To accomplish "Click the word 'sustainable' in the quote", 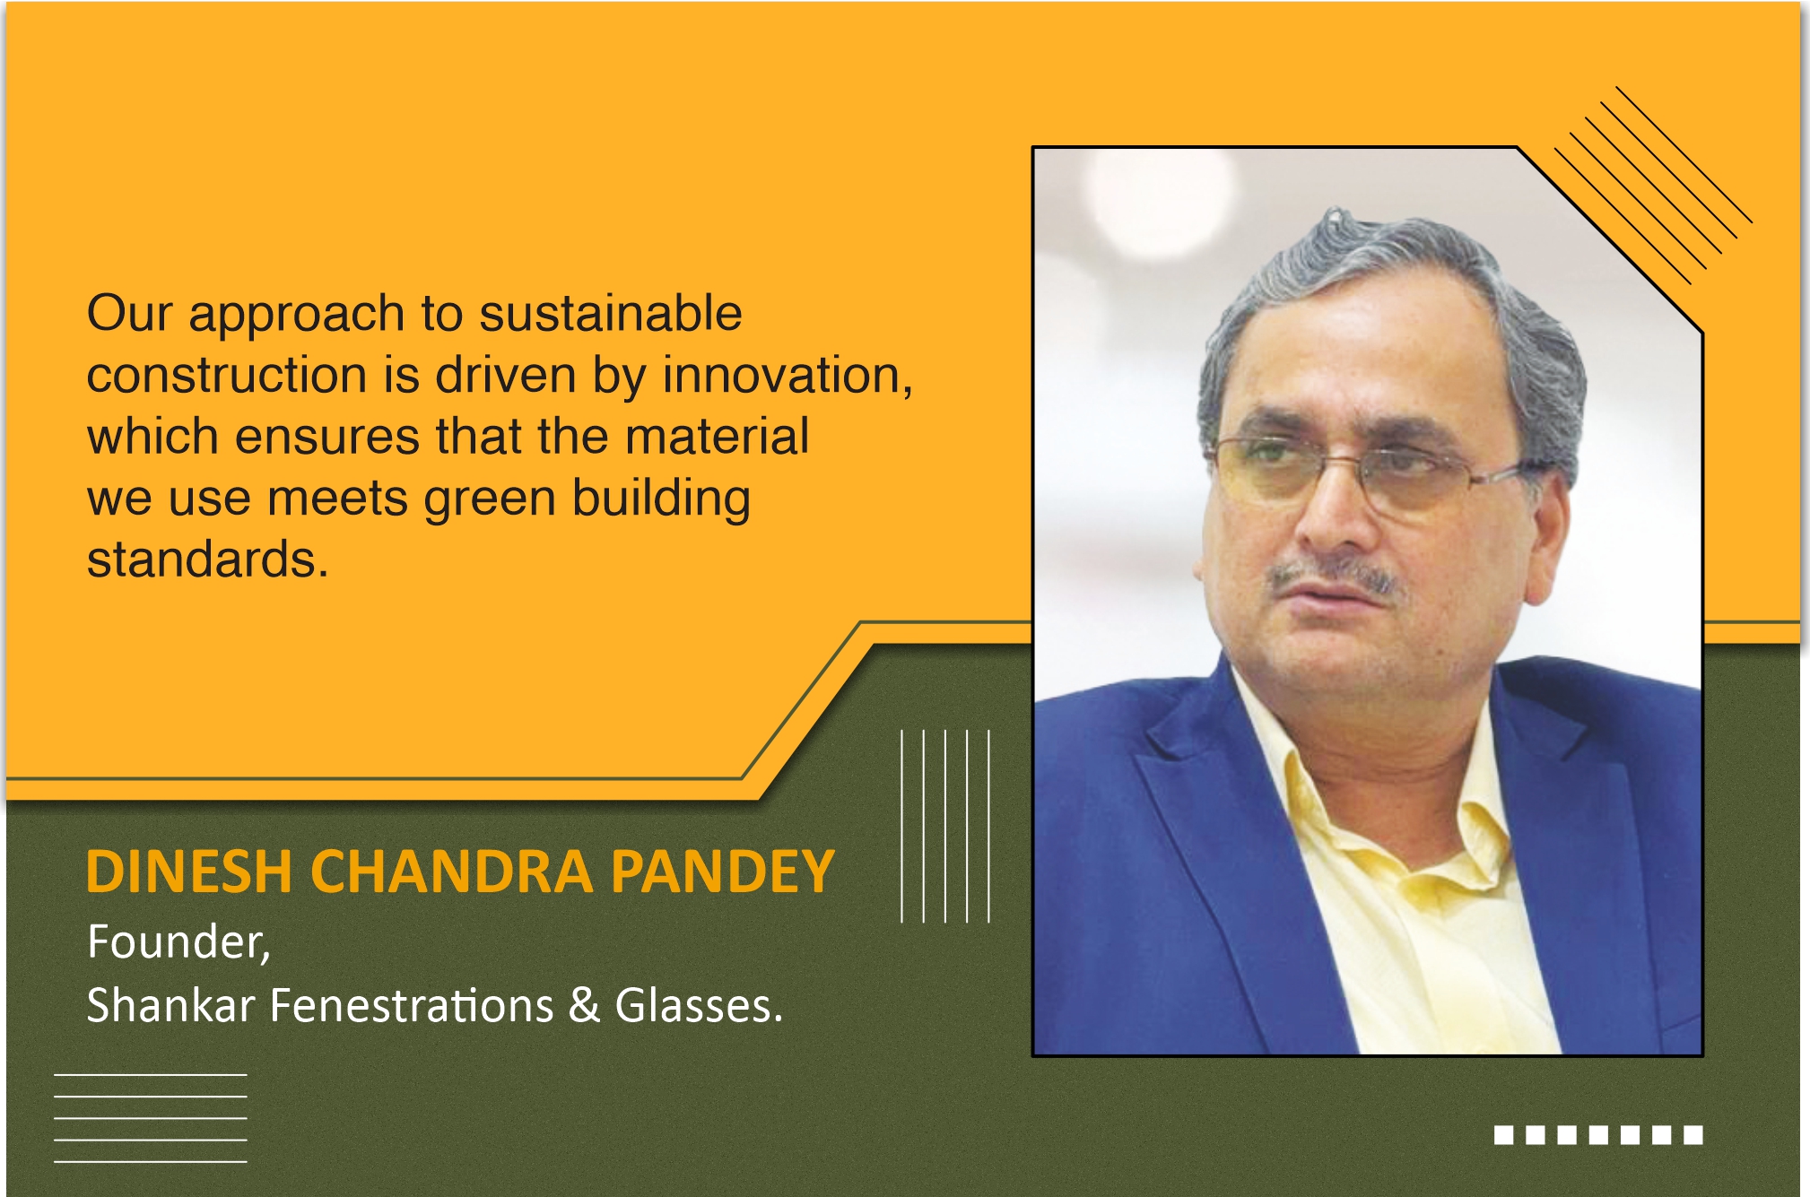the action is tap(610, 314).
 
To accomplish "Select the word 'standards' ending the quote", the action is tap(202, 559).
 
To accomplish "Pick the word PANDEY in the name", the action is tap(723, 872).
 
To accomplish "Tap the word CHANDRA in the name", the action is tap(452, 872).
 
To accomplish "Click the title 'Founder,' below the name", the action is tap(178, 943).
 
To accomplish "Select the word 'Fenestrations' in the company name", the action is tap(412, 1005).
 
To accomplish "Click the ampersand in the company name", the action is tap(584, 1005).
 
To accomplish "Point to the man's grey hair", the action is tap(1399, 278).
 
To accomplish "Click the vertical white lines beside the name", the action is tap(945, 826).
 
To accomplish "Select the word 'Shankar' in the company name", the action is tap(170, 1005).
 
